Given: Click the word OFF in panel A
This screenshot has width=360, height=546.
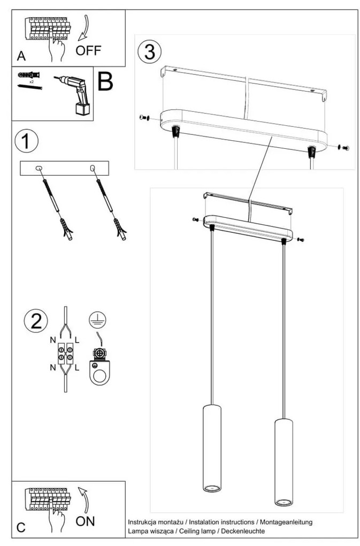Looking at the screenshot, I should point(88,51).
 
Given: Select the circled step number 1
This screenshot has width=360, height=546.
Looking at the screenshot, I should point(27,141).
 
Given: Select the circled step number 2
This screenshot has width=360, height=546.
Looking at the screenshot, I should point(36,321).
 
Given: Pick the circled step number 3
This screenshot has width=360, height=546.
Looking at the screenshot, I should point(149,52).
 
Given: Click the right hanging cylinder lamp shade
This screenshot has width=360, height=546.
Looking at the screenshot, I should point(284,461).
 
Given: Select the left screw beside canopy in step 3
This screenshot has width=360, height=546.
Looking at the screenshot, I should point(143,117).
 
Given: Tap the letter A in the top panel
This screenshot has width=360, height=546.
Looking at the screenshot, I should point(21,56).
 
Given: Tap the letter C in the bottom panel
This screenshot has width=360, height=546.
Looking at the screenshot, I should point(21,527).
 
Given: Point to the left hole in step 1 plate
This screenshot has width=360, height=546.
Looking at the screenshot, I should point(39,169).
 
